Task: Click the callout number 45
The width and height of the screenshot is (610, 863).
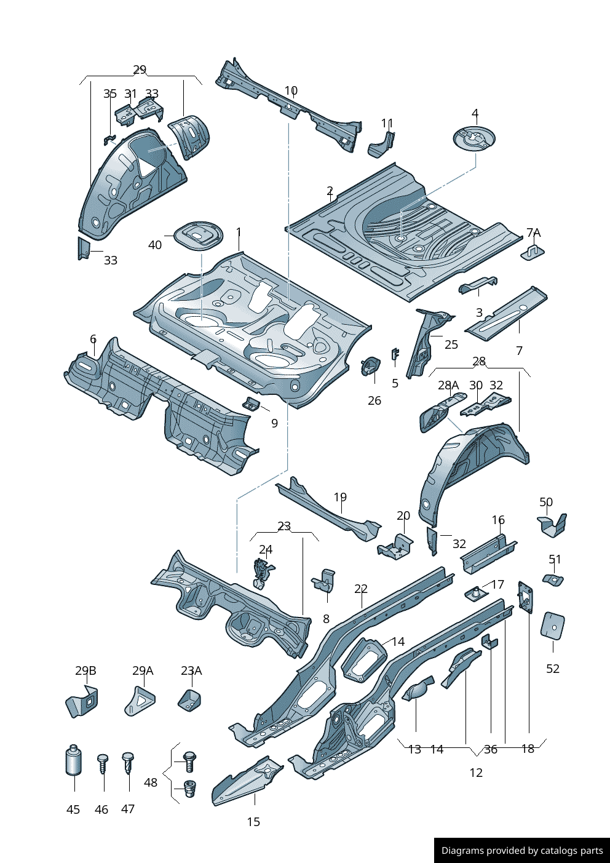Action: pos(73,809)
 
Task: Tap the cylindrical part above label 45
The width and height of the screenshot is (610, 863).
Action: pos(73,760)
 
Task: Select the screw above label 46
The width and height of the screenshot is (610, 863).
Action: pos(103,763)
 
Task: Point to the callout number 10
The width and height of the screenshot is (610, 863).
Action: pos(291,90)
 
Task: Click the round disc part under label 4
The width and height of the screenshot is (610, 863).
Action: pos(474,138)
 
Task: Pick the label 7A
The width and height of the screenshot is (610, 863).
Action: pos(533,233)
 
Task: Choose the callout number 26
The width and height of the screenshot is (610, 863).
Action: pos(374,400)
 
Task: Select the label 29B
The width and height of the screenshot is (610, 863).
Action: pos(85,670)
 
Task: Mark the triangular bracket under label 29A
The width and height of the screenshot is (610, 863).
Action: pos(140,701)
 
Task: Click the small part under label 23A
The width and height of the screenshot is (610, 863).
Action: pos(189,700)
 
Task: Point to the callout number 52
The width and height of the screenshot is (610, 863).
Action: pos(553,669)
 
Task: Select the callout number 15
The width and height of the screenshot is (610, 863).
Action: pos(253,822)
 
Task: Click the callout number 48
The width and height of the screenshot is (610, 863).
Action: pos(151,782)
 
